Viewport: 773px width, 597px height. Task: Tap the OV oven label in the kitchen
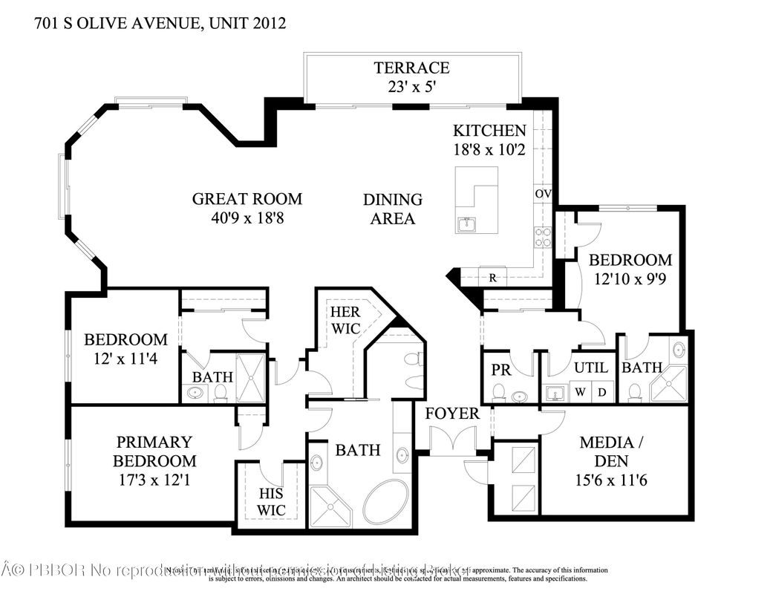(x=542, y=194)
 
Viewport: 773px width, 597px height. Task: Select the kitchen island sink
(x=467, y=224)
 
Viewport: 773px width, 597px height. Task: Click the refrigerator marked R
(x=492, y=278)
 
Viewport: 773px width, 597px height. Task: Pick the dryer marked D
(x=603, y=392)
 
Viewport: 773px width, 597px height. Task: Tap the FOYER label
(x=451, y=414)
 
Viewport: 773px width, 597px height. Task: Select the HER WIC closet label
(x=345, y=321)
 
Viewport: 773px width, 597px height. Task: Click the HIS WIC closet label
(x=271, y=501)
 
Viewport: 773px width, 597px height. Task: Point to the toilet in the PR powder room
(x=499, y=391)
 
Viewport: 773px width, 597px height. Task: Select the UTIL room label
(x=591, y=368)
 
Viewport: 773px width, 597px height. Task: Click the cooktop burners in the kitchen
(x=542, y=237)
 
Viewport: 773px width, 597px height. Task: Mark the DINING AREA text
(x=393, y=209)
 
